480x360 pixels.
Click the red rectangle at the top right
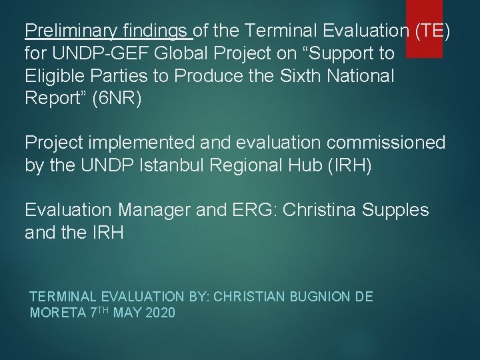(424, 27)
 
